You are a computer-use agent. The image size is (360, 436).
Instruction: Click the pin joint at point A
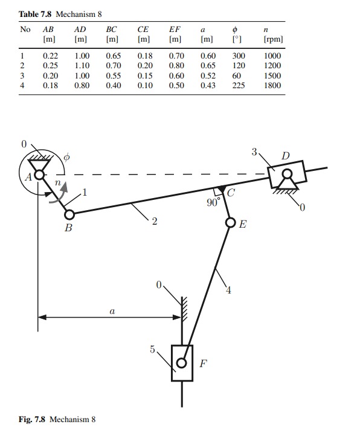tap(39, 175)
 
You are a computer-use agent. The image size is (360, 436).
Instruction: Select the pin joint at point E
tap(230, 223)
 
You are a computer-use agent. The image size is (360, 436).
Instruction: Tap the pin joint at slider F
tap(182, 364)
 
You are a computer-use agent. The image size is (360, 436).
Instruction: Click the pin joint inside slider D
tap(286, 175)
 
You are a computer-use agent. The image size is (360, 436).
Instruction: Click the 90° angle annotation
tap(213, 203)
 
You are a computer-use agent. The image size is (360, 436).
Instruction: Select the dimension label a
tap(111, 312)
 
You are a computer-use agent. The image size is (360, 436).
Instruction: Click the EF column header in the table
tap(175, 29)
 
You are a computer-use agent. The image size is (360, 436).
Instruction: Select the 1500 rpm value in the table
tap(272, 76)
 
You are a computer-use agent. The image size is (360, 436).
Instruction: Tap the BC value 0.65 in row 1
tap(112, 56)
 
